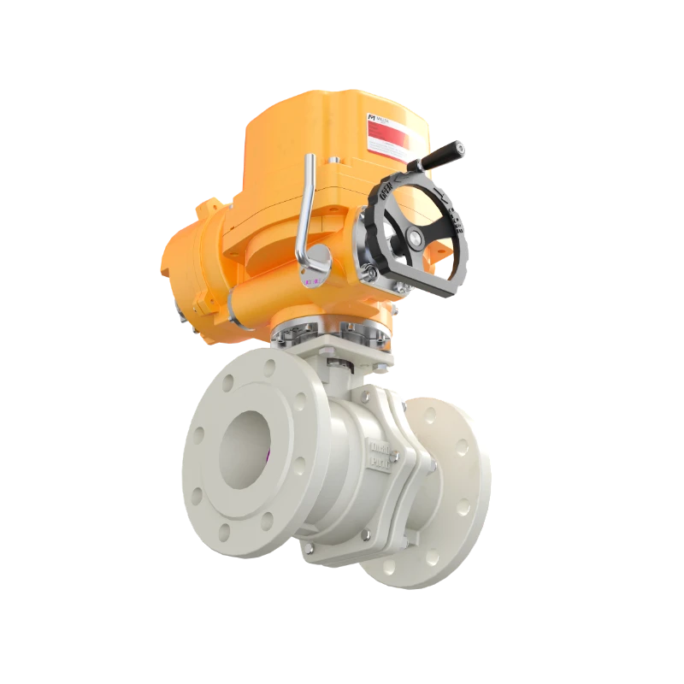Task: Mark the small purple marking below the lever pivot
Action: pos(309,279)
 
